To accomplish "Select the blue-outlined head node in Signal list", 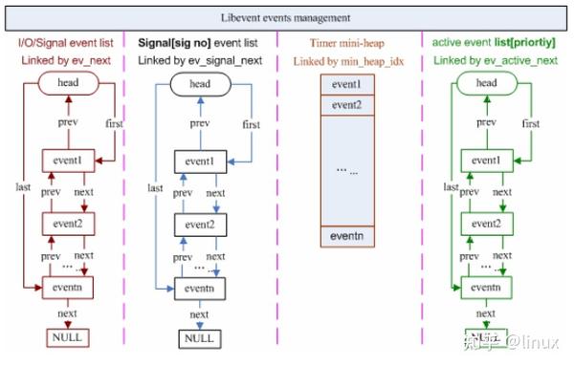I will [x=199, y=84].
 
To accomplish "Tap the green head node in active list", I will [x=486, y=84].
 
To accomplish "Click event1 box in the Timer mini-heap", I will [x=346, y=84].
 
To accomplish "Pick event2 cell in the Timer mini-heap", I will [x=346, y=103].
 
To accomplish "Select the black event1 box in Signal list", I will [x=199, y=161].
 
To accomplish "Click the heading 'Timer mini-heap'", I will [x=345, y=43].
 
